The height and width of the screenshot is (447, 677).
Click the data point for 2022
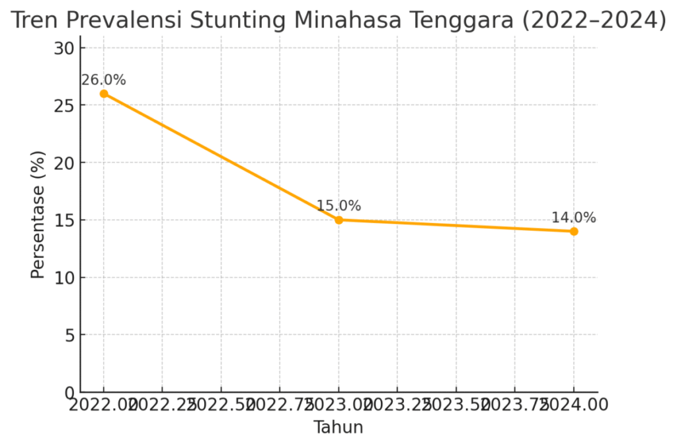(x=104, y=94)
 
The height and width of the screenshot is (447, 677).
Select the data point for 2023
(x=338, y=220)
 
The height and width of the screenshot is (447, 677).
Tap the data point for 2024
(x=573, y=231)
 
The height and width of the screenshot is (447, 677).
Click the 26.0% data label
(x=104, y=80)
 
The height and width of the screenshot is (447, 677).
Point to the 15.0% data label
(x=338, y=206)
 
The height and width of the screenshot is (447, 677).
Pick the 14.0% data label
(x=573, y=218)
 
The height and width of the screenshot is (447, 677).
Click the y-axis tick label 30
(x=63, y=48)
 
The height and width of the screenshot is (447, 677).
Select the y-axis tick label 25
(x=63, y=105)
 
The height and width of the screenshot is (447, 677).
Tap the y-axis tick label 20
(x=63, y=163)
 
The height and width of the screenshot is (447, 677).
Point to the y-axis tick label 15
(x=63, y=220)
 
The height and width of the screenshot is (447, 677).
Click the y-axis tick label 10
(x=63, y=278)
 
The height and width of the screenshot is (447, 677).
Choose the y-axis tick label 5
(x=69, y=335)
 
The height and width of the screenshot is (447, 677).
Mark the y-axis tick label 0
(x=69, y=393)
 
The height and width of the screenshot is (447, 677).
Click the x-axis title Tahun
(x=338, y=427)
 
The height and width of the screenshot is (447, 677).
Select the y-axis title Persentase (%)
(x=38, y=214)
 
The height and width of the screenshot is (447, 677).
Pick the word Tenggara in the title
(x=465, y=21)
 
